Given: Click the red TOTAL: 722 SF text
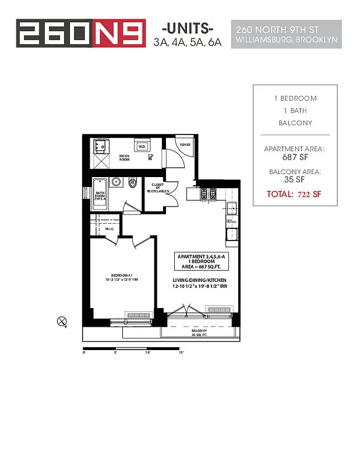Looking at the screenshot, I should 294,193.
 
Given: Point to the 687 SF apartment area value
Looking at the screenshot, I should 294,158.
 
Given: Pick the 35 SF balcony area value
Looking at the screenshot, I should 294,181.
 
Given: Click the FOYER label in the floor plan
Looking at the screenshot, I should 185,144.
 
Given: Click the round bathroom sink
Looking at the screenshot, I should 117,182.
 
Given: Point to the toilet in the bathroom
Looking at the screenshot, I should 132,183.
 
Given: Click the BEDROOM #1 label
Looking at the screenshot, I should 123,278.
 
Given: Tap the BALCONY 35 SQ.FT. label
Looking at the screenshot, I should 200,332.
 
